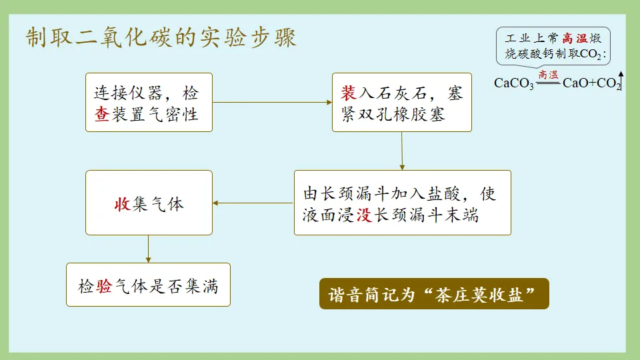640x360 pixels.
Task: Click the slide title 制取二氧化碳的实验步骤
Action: click(161, 38)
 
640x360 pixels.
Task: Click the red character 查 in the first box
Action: click(102, 113)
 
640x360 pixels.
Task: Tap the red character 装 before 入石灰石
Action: click(349, 93)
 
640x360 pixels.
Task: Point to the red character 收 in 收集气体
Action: click(122, 204)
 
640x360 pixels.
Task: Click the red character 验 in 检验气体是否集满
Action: click(103, 287)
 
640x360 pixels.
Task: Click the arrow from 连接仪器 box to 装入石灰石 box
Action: click(273, 102)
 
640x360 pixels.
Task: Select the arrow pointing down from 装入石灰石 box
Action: click(402, 151)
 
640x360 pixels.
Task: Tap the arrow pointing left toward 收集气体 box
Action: click(253, 203)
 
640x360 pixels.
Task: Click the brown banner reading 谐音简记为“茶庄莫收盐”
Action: click(434, 293)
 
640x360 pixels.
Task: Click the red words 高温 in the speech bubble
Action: click(575, 38)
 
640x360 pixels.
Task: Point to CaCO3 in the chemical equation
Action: click(514, 84)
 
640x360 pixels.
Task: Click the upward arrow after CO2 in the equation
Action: click(621, 80)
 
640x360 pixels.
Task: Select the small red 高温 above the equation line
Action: click(549, 75)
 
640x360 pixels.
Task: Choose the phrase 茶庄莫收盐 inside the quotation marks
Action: click(482, 293)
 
